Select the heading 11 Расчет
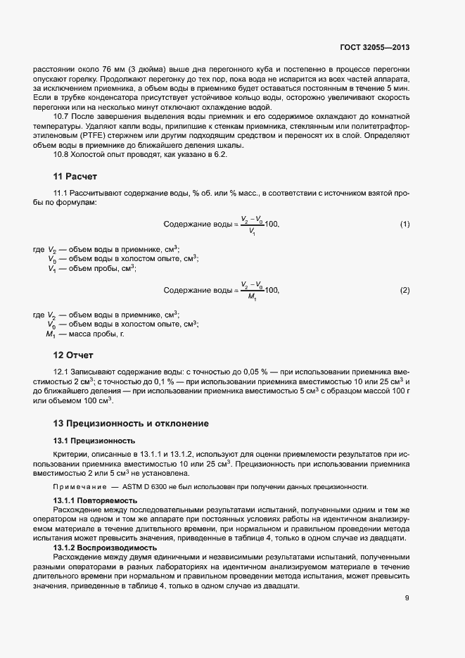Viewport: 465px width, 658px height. click(77, 175)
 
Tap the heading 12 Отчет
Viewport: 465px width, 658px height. click(74, 355)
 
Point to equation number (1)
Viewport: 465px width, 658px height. click(405, 224)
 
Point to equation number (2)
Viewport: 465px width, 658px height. click(405, 290)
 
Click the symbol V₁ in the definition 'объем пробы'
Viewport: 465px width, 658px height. click(52, 268)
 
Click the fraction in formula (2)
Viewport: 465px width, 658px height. click(251, 290)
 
